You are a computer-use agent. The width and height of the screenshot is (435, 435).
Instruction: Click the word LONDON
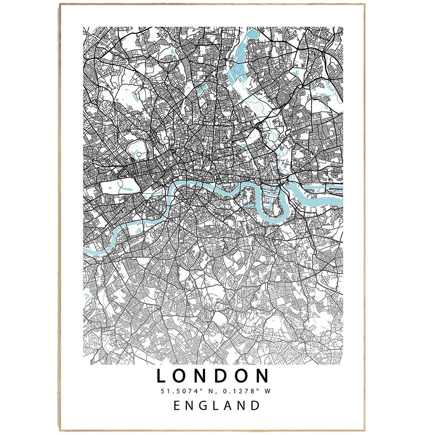pyautogui.click(x=213, y=376)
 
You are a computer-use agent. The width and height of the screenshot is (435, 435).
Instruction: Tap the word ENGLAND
pyautogui.click(x=217, y=405)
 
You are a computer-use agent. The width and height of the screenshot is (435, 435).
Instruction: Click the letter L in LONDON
pyautogui.click(x=161, y=376)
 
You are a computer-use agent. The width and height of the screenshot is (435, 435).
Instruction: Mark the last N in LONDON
pyautogui.click(x=263, y=376)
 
